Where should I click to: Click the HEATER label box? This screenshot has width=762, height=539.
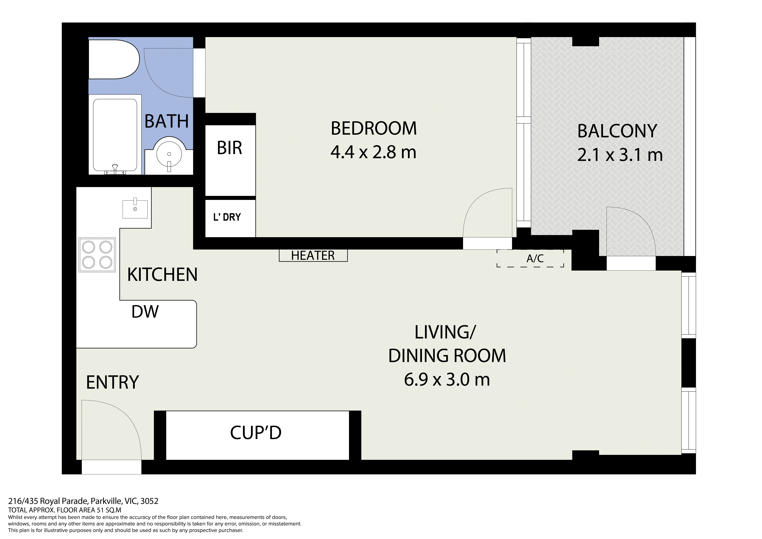point(313,255)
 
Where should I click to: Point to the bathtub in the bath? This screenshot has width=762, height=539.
point(115,135)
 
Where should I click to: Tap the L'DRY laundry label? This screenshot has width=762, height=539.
point(227,217)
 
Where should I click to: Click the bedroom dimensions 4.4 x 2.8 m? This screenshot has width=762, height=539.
point(373,152)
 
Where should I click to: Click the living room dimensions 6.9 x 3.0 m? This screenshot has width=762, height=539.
point(447,380)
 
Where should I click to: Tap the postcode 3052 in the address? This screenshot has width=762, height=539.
point(149,501)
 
